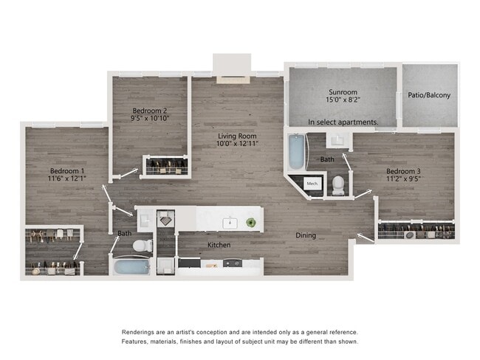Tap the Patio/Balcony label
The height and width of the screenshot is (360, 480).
click(x=429, y=95)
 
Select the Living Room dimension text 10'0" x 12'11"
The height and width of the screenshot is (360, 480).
click(x=236, y=143)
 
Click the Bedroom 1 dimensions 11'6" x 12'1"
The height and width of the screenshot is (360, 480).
click(x=66, y=179)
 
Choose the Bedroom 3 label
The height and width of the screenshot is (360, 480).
click(x=402, y=172)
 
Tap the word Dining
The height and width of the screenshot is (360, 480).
click(x=306, y=235)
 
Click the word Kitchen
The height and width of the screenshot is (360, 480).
click(x=219, y=244)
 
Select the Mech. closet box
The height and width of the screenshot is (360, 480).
click(x=312, y=183)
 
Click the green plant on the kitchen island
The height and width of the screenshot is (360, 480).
click(x=251, y=221)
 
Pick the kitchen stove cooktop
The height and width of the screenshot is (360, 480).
click(x=232, y=263)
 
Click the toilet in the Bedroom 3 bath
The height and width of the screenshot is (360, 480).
click(x=338, y=184)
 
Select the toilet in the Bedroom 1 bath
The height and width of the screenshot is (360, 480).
click(x=142, y=245)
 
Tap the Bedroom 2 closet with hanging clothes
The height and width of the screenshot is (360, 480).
click(x=165, y=167)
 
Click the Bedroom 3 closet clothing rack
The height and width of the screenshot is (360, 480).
click(x=415, y=231)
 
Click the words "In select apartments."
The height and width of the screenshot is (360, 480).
click(x=343, y=122)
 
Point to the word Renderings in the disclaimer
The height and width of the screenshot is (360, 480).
click(x=140, y=333)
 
